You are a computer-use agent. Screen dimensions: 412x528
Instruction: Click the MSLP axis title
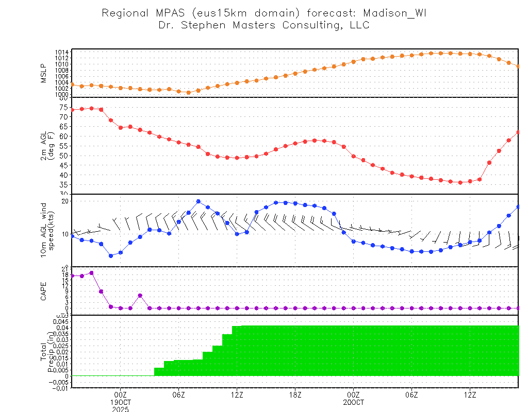click(44, 73)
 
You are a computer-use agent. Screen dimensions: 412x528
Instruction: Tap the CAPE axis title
click(44, 290)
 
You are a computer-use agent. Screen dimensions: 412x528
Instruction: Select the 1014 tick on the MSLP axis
click(63, 52)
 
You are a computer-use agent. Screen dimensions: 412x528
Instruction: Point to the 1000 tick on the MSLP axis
click(63, 94)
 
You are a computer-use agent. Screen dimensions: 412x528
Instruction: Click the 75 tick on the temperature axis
click(64, 107)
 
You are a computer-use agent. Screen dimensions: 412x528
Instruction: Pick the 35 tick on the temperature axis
click(64, 184)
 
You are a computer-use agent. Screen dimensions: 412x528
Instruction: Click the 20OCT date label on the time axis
click(353, 402)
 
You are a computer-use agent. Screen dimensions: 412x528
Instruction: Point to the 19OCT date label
click(120, 402)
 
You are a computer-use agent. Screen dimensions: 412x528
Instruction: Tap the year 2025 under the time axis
click(120, 409)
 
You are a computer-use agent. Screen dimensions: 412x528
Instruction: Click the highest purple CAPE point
click(91, 273)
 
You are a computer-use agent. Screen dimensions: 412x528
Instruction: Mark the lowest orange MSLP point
click(188, 93)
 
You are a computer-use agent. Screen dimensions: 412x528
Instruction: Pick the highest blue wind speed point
click(198, 201)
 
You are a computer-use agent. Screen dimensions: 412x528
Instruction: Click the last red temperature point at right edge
click(518, 132)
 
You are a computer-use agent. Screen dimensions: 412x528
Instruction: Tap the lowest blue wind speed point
click(111, 255)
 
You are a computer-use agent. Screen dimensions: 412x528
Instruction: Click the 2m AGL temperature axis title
click(47, 145)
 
